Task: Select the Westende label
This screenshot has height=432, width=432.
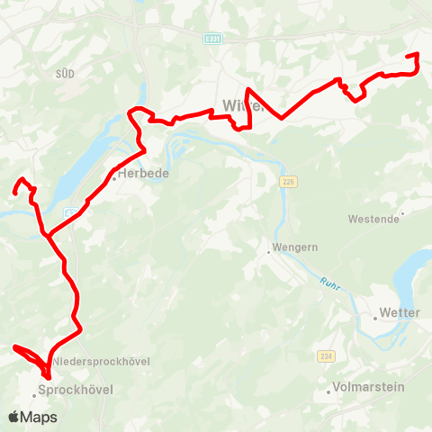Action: click(373, 219)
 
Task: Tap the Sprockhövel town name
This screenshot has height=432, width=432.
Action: click(69, 391)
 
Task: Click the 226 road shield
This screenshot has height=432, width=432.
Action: click(288, 182)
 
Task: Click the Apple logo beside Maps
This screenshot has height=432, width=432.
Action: click(15, 417)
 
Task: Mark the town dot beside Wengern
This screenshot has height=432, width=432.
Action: click(269, 252)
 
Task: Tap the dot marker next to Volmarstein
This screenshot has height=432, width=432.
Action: click(329, 391)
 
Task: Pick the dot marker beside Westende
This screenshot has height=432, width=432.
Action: click(403, 213)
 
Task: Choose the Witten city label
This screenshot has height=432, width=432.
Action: click(235, 103)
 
